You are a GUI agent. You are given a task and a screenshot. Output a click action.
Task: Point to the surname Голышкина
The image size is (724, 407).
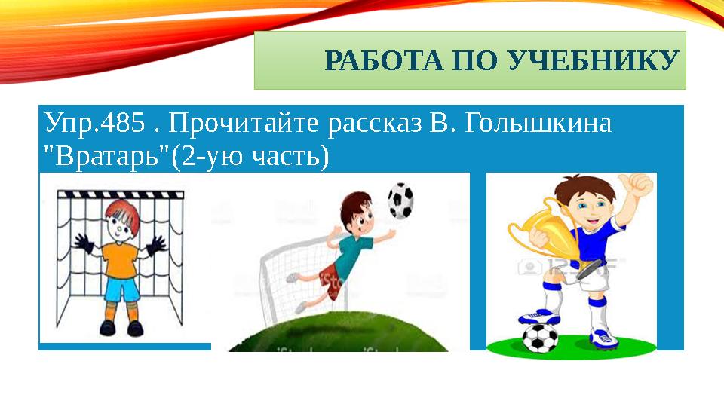click(x=538, y=124)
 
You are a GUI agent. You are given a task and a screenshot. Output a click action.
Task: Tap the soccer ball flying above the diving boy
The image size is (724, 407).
click(x=400, y=200)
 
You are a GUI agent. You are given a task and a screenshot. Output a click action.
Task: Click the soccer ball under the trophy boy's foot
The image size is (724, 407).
click(x=539, y=338)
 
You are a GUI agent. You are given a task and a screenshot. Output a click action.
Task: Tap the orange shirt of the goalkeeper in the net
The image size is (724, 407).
click(x=120, y=260)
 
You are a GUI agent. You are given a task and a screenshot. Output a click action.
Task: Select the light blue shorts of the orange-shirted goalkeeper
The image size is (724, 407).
click(x=121, y=289)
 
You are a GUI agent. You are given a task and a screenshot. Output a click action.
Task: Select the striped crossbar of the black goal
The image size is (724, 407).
click(x=121, y=194)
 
